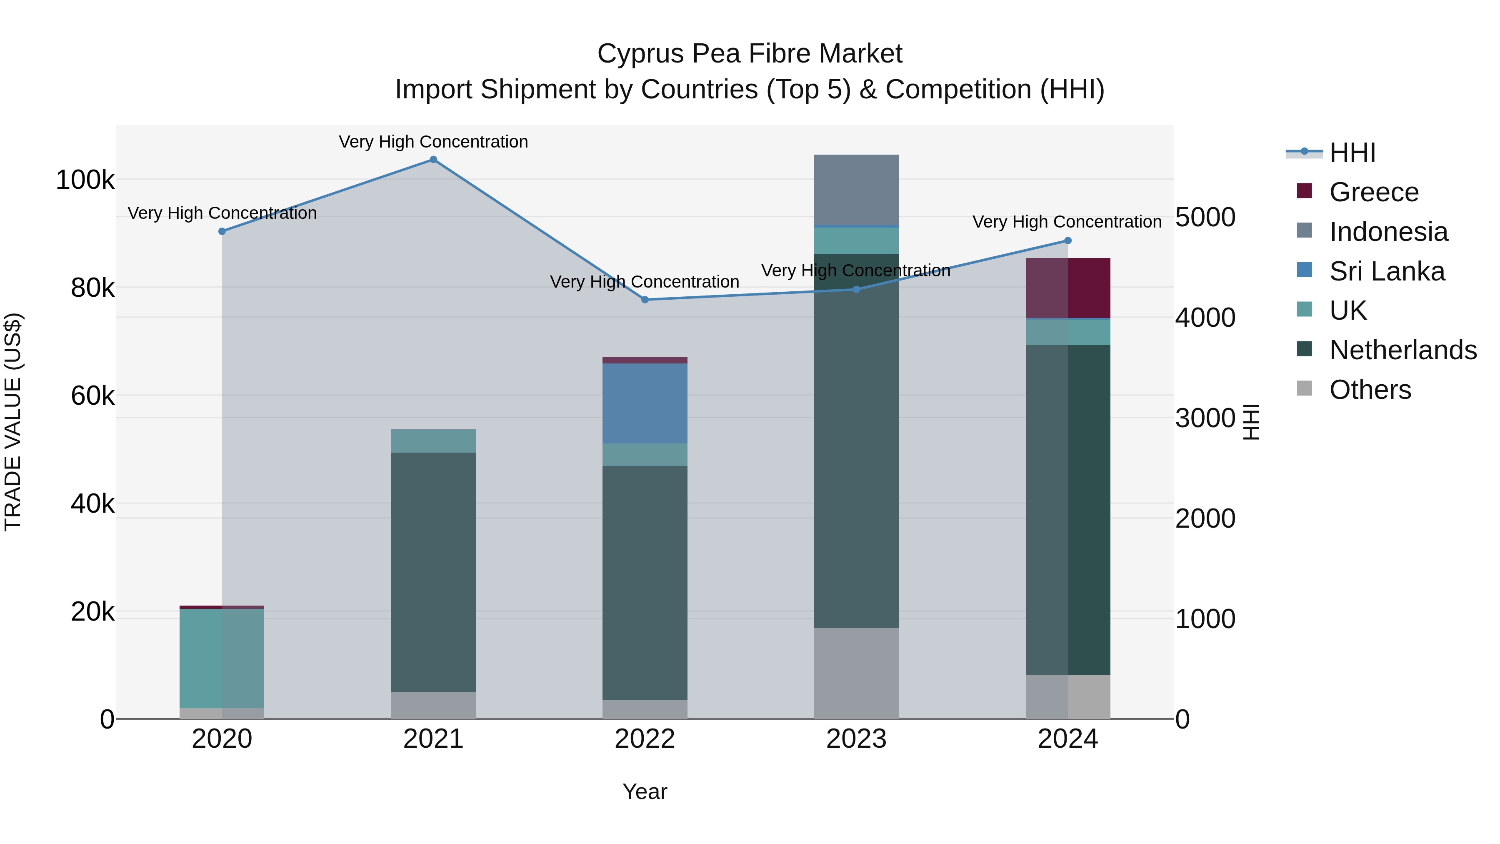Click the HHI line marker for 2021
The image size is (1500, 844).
[x=433, y=160]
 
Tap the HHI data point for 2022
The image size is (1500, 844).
[x=645, y=300]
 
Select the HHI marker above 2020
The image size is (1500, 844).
[x=222, y=231]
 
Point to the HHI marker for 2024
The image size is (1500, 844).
[x=1067, y=240]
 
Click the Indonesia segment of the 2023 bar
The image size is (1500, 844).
[x=856, y=189]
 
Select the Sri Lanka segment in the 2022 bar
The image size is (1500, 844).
[x=645, y=403]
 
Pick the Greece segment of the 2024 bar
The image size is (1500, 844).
[x=1067, y=288]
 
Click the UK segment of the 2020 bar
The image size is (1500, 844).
[x=222, y=658]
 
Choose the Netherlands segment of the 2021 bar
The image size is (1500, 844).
[x=433, y=572]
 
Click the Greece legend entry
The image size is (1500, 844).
[x=1374, y=192]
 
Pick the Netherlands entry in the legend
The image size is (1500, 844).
[x=1403, y=350]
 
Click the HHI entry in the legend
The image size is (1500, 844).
[x=1352, y=153]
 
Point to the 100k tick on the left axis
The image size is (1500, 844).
[x=85, y=180]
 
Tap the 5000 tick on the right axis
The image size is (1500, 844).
[x=1205, y=217]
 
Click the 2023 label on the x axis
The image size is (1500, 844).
[x=856, y=739]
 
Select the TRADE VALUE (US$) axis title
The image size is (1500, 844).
[x=13, y=422]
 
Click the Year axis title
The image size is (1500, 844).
[x=645, y=791]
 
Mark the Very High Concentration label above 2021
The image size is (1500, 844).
[x=433, y=142]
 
